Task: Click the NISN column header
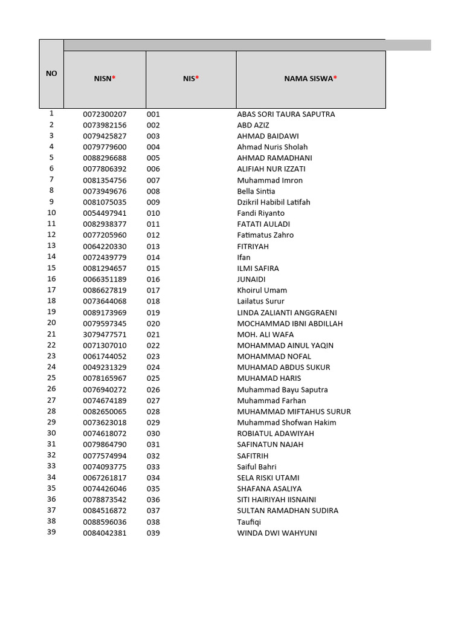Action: [x=105, y=79]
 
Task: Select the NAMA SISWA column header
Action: [x=311, y=79]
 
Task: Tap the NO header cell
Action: [x=51, y=73]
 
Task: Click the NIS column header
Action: [x=191, y=79]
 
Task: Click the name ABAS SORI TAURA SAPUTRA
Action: [x=286, y=114]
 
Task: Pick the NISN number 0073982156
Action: [x=105, y=125]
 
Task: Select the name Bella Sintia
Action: [x=256, y=191]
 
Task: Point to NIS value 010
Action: [x=153, y=213]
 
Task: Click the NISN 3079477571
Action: [x=105, y=334]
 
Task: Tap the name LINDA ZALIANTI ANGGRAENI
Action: [x=287, y=313]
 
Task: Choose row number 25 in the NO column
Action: [x=51, y=378]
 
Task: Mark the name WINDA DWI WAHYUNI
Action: [x=277, y=533]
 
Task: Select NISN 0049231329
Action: [x=105, y=368]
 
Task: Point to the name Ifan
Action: [x=243, y=258]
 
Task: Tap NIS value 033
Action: [x=153, y=467]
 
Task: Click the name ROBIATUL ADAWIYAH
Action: [x=275, y=433]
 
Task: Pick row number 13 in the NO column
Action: [x=51, y=245]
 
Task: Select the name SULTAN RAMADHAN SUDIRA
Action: [x=288, y=511]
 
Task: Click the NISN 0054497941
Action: [x=105, y=213]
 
